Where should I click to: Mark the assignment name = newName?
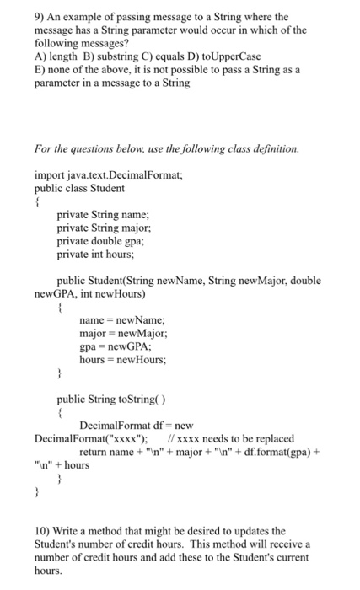pyautogui.click(x=121, y=320)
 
